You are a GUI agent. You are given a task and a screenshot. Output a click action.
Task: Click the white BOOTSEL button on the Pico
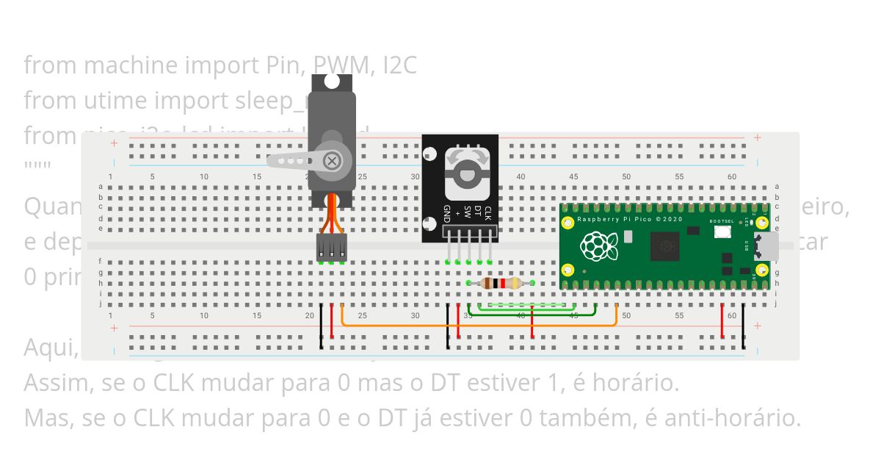point(721,232)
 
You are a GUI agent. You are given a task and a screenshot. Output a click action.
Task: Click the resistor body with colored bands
point(500,283)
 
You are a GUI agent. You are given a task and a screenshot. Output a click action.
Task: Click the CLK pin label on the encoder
point(487,213)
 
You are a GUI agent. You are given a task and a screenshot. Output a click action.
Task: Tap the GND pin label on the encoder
point(446,214)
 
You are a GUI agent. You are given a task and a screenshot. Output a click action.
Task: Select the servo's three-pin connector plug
point(332,248)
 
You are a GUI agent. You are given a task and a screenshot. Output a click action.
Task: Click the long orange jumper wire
point(477,324)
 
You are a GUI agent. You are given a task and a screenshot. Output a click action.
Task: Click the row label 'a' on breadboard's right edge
point(777,187)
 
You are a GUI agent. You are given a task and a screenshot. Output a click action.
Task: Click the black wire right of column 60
point(743,326)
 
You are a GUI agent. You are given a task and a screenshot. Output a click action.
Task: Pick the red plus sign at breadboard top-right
point(757,137)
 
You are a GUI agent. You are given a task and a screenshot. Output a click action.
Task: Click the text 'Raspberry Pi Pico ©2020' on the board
point(629,220)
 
